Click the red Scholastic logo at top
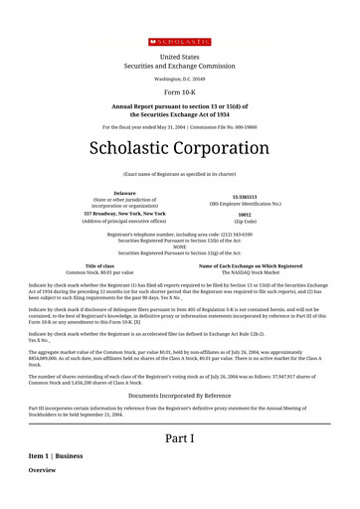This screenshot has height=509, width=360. [180, 42]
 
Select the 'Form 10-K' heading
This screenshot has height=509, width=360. [180, 89]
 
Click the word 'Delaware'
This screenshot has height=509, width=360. [125, 192]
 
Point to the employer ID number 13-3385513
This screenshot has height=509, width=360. [245, 196]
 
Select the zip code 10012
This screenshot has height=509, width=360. [245, 214]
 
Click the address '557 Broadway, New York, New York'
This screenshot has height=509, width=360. [125, 213]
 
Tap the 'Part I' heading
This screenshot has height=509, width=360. [180, 438]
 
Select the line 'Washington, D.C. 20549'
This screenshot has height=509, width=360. [180, 78]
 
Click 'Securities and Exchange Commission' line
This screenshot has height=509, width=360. [180, 66]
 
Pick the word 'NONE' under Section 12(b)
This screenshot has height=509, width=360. [180, 247]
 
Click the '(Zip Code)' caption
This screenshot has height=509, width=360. [245, 221]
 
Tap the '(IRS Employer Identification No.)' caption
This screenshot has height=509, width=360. [245, 203]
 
